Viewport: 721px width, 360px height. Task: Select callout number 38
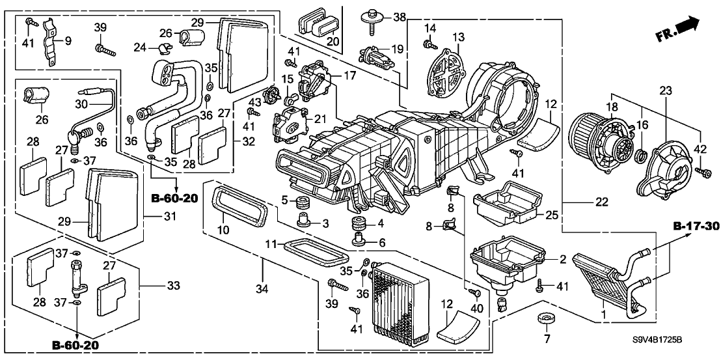tap(399, 16)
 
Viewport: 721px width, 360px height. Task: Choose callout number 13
tap(459, 36)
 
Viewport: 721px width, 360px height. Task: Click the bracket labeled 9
tap(49, 42)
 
